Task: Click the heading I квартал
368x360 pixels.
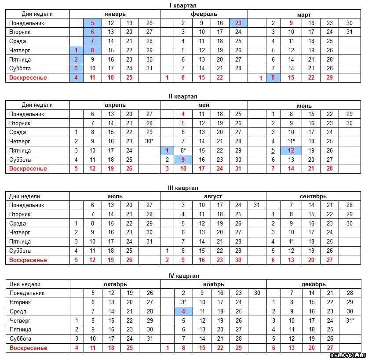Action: pyautogui.click(x=183, y=5)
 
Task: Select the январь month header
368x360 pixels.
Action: pyautogui.click(x=115, y=14)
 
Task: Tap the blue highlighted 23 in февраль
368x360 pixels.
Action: pyautogui.click(x=238, y=23)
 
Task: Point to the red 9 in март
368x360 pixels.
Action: pyautogui.click(x=291, y=23)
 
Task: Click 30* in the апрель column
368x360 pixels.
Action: pyautogui.click(x=149, y=141)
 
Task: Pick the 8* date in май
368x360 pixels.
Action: pyautogui.click(x=183, y=150)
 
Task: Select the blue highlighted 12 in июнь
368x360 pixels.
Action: pyautogui.click(x=291, y=150)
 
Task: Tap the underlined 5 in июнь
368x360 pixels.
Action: pyautogui.click(x=273, y=150)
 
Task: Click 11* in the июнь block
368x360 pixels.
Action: pyautogui.click(x=291, y=141)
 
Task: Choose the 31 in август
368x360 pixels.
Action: pyautogui.click(x=257, y=205)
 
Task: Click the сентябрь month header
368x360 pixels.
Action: pyautogui.click(x=313, y=196)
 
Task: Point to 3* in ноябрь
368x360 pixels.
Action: pyautogui.click(x=184, y=302)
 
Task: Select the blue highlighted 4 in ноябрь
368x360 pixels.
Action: pyautogui.click(x=183, y=311)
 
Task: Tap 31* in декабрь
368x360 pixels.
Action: pyautogui.click(x=350, y=320)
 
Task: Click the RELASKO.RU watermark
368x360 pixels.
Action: pyautogui.click(x=348, y=356)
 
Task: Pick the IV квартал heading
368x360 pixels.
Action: pyautogui.click(x=183, y=276)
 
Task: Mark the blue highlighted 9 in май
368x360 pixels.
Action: pyautogui.click(x=183, y=160)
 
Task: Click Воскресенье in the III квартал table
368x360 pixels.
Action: pyautogui.click(x=28, y=260)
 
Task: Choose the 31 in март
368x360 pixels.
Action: pyautogui.click(x=350, y=32)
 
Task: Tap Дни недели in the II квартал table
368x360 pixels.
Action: pyautogui.click(x=37, y=105)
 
